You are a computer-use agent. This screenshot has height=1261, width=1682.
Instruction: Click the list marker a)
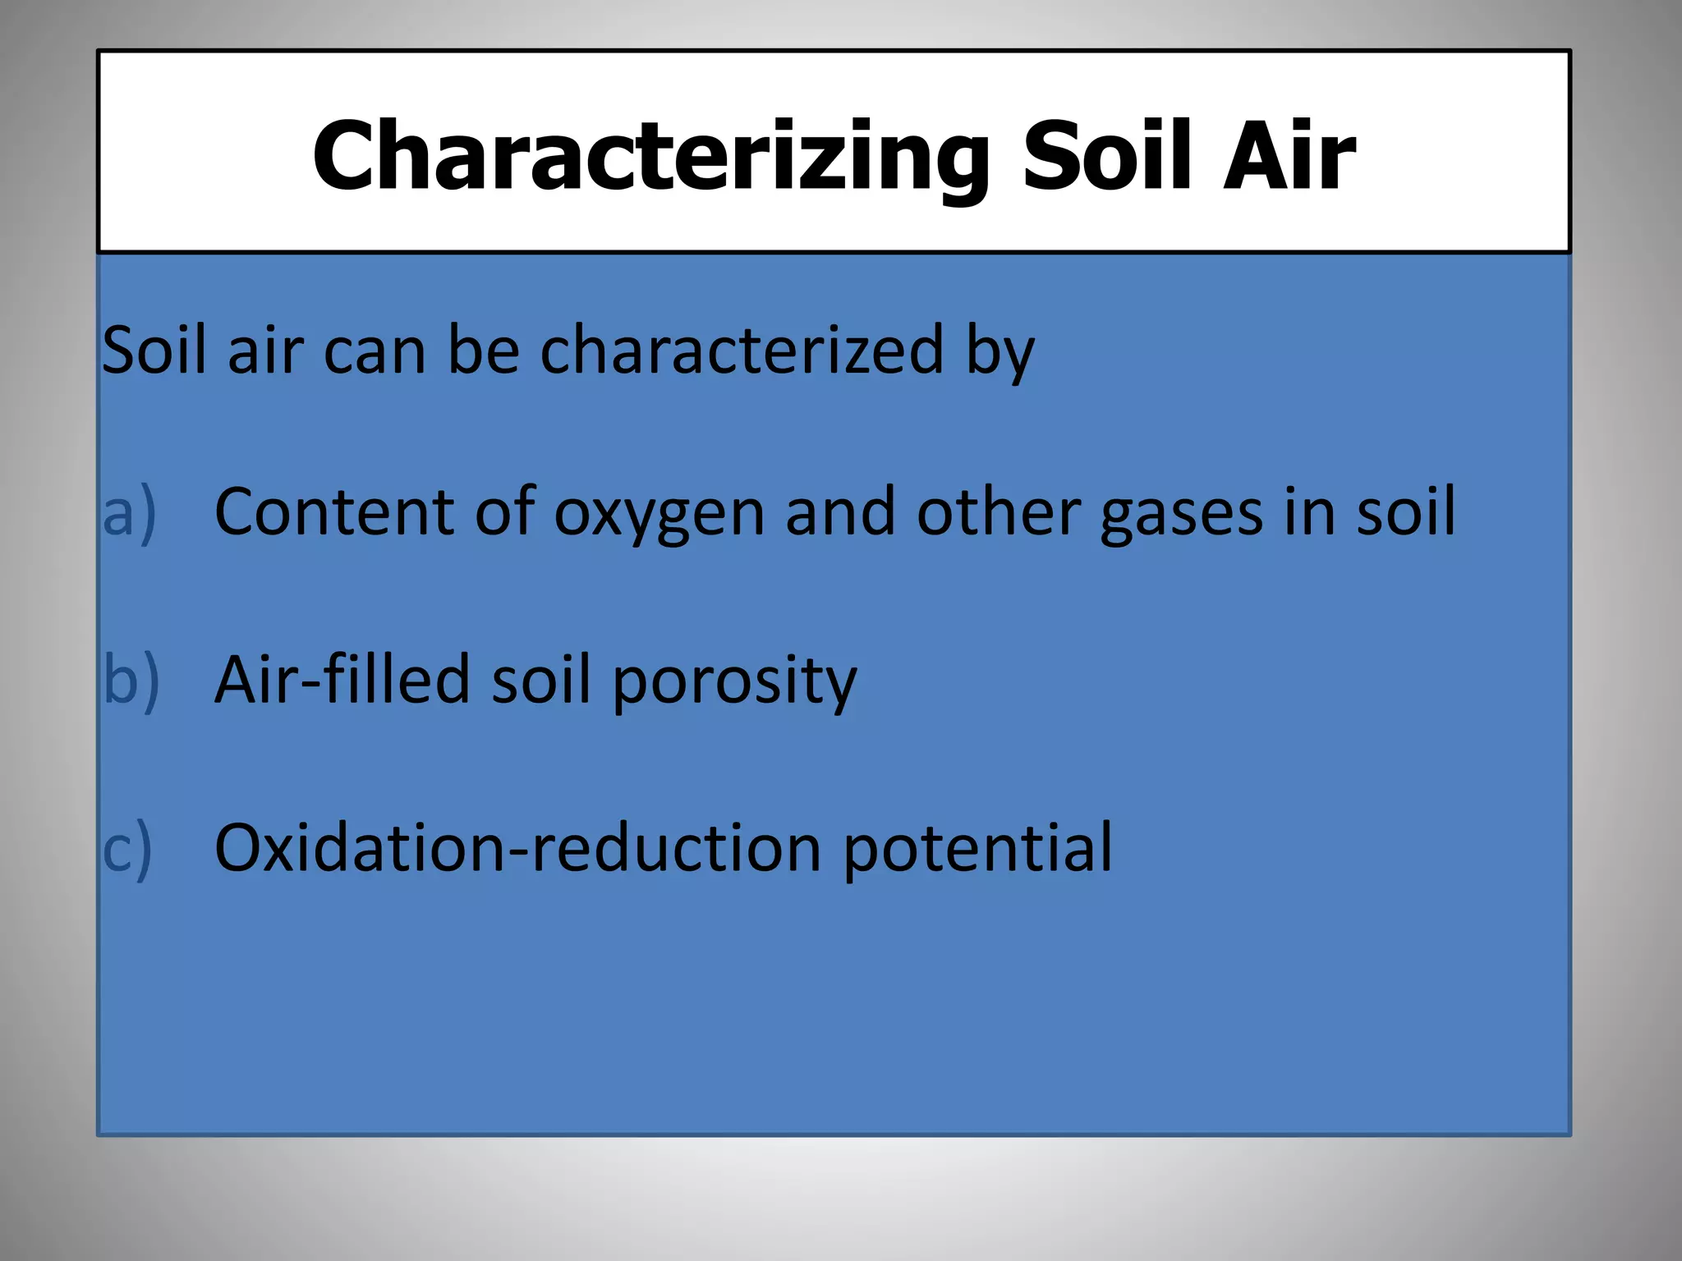[130, 512]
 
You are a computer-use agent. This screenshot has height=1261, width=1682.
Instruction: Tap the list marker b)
[131, 680]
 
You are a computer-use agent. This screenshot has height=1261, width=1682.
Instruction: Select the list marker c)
[128, 848]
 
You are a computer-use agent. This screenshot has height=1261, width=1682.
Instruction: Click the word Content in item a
[333, 512]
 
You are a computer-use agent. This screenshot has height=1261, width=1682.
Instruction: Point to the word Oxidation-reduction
[517, 848]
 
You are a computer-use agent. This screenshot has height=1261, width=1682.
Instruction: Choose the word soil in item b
[540, 680]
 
